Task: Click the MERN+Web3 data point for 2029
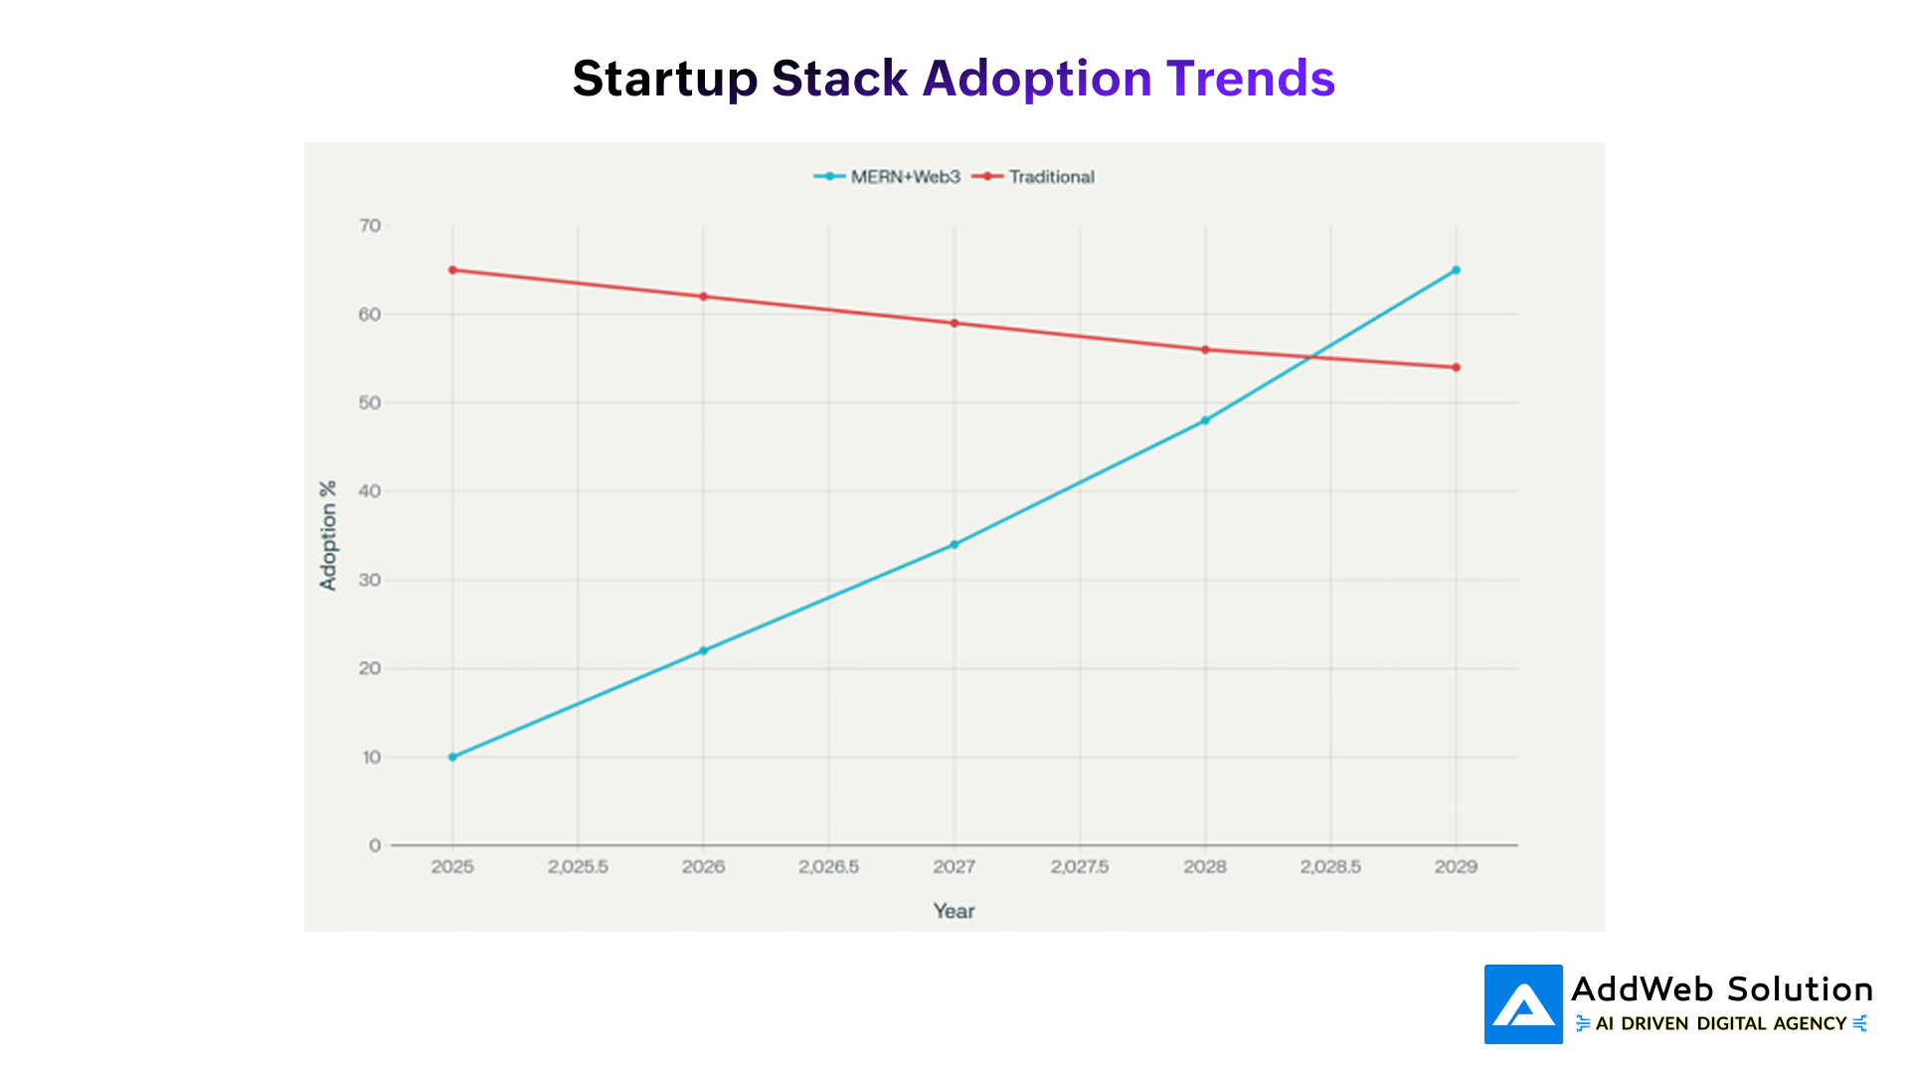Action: (x=1456, y=269)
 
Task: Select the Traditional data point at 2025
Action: (x=452, y=269)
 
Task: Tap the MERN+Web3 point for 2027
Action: (x=954, y=544)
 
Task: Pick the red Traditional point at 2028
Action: (x=1205, y=349)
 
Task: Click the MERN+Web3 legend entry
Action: (x=887, y=177)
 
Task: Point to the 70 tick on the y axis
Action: (x=370, y=226)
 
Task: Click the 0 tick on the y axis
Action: (x=375, y=845)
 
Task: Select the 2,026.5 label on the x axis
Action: (x=828, y=867)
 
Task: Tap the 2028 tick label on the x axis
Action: (x=1205, y=867)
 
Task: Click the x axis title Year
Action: (x=954, y=911)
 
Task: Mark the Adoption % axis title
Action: (x=328, y=536)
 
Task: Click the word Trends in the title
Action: (x=1250, y=79)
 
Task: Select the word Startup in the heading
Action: (x=664, y=79)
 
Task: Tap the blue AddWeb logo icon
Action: (x=1523, y=1004)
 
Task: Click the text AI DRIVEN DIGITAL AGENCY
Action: (x=1721, y=1023)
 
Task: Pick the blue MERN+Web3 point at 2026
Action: (x=703, y=650)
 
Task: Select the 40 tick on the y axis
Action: (x=370, y=491)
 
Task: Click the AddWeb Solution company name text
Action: (x=1721, y=989)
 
